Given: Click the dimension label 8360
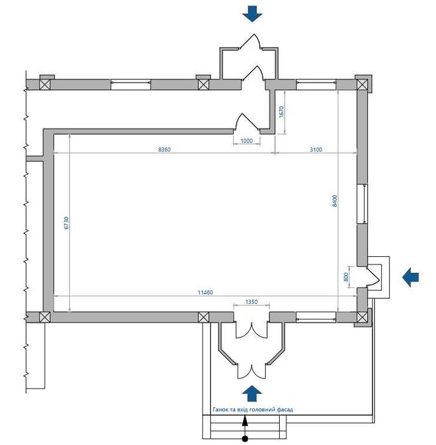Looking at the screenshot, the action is coord(164,149).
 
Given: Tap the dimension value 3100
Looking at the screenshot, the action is coord(316,149).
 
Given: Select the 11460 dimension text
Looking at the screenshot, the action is coord(205,292).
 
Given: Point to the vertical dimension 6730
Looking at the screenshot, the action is coord(66,222).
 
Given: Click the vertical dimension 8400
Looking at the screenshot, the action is coord(335,201).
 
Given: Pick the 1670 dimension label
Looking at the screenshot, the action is coord(281,112).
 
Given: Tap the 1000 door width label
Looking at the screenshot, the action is coord(247,140).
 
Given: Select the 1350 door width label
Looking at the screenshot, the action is coord(251,302).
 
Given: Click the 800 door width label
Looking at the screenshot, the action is coord(346,277).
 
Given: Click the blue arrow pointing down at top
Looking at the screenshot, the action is coord(252,14).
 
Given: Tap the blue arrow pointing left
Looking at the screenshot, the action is coord(411,277).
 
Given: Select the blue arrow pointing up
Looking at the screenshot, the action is coord(252,394).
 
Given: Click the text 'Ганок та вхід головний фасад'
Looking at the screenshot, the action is coord(253,409).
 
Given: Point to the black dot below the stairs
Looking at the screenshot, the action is coord(245,439).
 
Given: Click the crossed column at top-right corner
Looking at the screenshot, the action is coord(362,85).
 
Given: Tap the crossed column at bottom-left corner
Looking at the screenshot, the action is coord(44,317).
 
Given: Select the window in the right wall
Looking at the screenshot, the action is coord(362,204).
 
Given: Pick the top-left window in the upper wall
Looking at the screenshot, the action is coord(130,85).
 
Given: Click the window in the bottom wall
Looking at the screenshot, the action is coord(316,317).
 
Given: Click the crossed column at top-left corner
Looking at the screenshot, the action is coord(44,85).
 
